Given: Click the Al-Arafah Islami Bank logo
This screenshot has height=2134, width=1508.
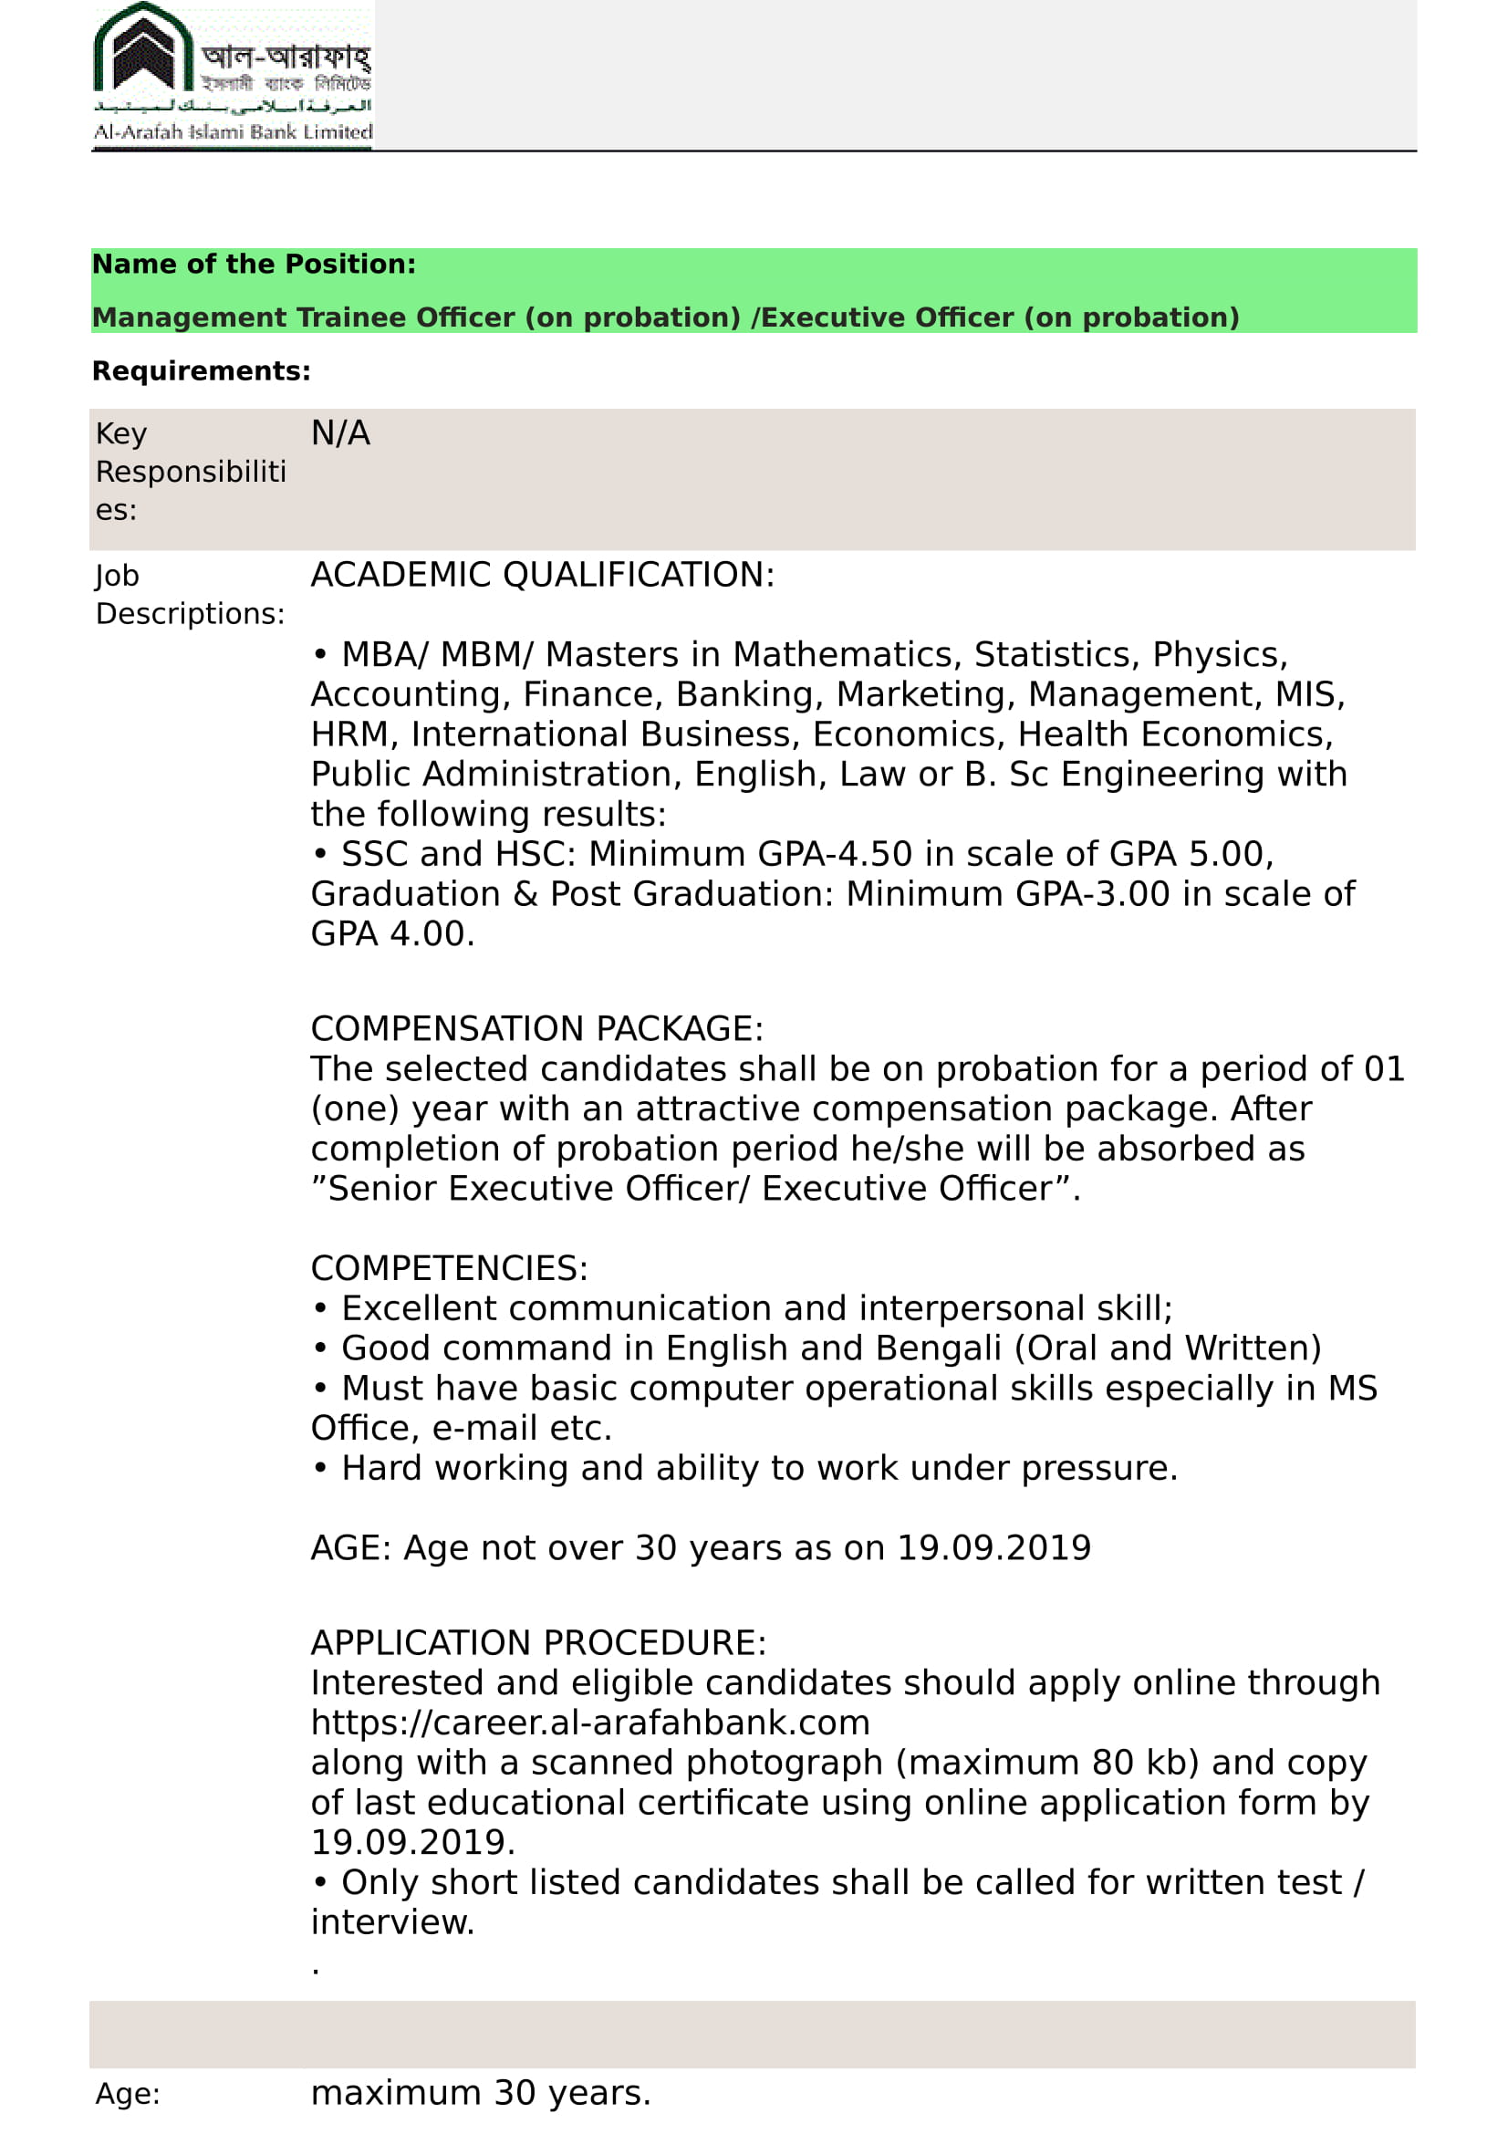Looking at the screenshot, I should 233,74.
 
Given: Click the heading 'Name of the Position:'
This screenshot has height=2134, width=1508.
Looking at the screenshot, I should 254,264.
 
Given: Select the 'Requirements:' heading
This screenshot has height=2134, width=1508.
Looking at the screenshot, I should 202,370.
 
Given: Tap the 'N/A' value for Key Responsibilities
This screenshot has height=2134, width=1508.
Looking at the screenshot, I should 340,433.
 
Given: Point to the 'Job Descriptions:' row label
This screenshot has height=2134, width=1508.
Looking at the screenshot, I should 190,595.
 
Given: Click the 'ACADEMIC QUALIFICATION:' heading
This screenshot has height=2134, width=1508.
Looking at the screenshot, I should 542,576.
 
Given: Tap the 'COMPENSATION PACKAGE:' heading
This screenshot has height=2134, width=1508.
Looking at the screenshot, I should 536,1029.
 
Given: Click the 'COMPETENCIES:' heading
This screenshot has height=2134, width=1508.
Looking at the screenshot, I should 449,1269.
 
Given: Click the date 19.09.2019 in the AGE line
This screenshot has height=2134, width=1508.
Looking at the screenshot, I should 993,1548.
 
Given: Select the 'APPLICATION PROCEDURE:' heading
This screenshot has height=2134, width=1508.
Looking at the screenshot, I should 538,1643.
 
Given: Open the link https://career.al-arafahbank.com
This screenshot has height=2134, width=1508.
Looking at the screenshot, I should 590,1723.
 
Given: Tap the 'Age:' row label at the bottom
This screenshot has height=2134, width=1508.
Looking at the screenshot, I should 128,2093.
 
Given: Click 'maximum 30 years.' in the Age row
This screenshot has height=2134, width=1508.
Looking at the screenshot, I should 481,2092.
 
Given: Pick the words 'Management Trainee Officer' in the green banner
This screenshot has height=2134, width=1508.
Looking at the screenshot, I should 303,317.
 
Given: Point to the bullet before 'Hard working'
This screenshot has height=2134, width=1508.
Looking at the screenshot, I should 319,1469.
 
